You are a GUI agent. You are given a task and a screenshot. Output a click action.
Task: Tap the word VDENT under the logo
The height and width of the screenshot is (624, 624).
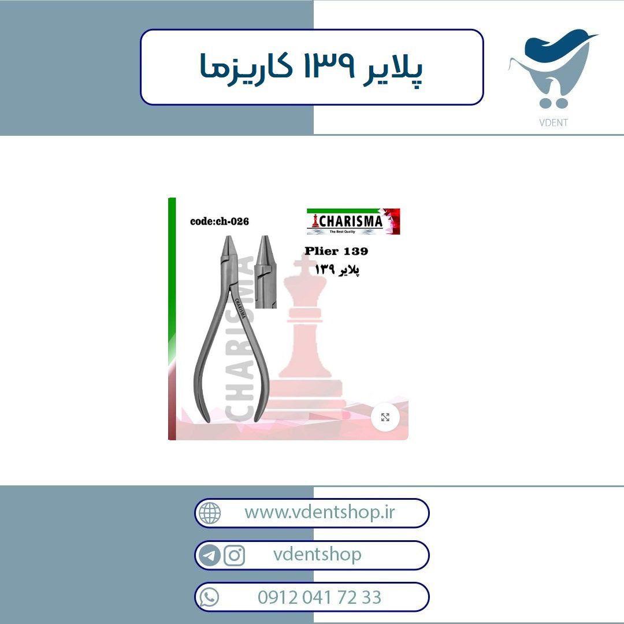(553, 122)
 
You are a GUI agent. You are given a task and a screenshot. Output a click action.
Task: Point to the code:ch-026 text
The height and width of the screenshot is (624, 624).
(220, 221)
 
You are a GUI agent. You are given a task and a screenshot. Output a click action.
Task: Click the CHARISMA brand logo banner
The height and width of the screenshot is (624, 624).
(353, 221)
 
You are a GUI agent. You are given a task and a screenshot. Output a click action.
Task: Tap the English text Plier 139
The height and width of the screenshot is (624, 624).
(336, 251)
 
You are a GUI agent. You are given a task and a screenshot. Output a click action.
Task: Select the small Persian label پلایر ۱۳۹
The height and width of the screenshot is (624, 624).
(337, 270)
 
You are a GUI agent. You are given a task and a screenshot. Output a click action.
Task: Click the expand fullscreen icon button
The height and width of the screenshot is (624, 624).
(385, 417)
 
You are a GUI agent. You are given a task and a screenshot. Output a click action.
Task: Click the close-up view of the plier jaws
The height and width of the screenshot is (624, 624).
(265, 272)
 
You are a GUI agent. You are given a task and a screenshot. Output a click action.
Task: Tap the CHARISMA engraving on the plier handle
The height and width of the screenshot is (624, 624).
(240, 309)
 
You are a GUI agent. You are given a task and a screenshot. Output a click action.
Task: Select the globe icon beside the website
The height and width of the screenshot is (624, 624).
(210, 513)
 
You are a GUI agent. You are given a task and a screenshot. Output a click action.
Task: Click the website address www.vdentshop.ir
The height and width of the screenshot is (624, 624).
(320, 512)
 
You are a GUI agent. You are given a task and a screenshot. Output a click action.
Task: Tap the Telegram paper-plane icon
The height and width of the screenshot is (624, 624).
(210, 555)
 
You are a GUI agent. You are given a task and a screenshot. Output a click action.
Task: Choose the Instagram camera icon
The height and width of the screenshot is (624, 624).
(235, 555)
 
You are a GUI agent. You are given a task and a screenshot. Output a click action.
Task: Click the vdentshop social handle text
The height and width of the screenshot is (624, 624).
(317, 554)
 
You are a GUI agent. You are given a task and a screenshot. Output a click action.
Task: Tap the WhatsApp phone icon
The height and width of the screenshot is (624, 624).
(209, 597)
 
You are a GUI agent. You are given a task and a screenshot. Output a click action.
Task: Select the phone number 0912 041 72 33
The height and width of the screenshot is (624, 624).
(320, 597)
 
